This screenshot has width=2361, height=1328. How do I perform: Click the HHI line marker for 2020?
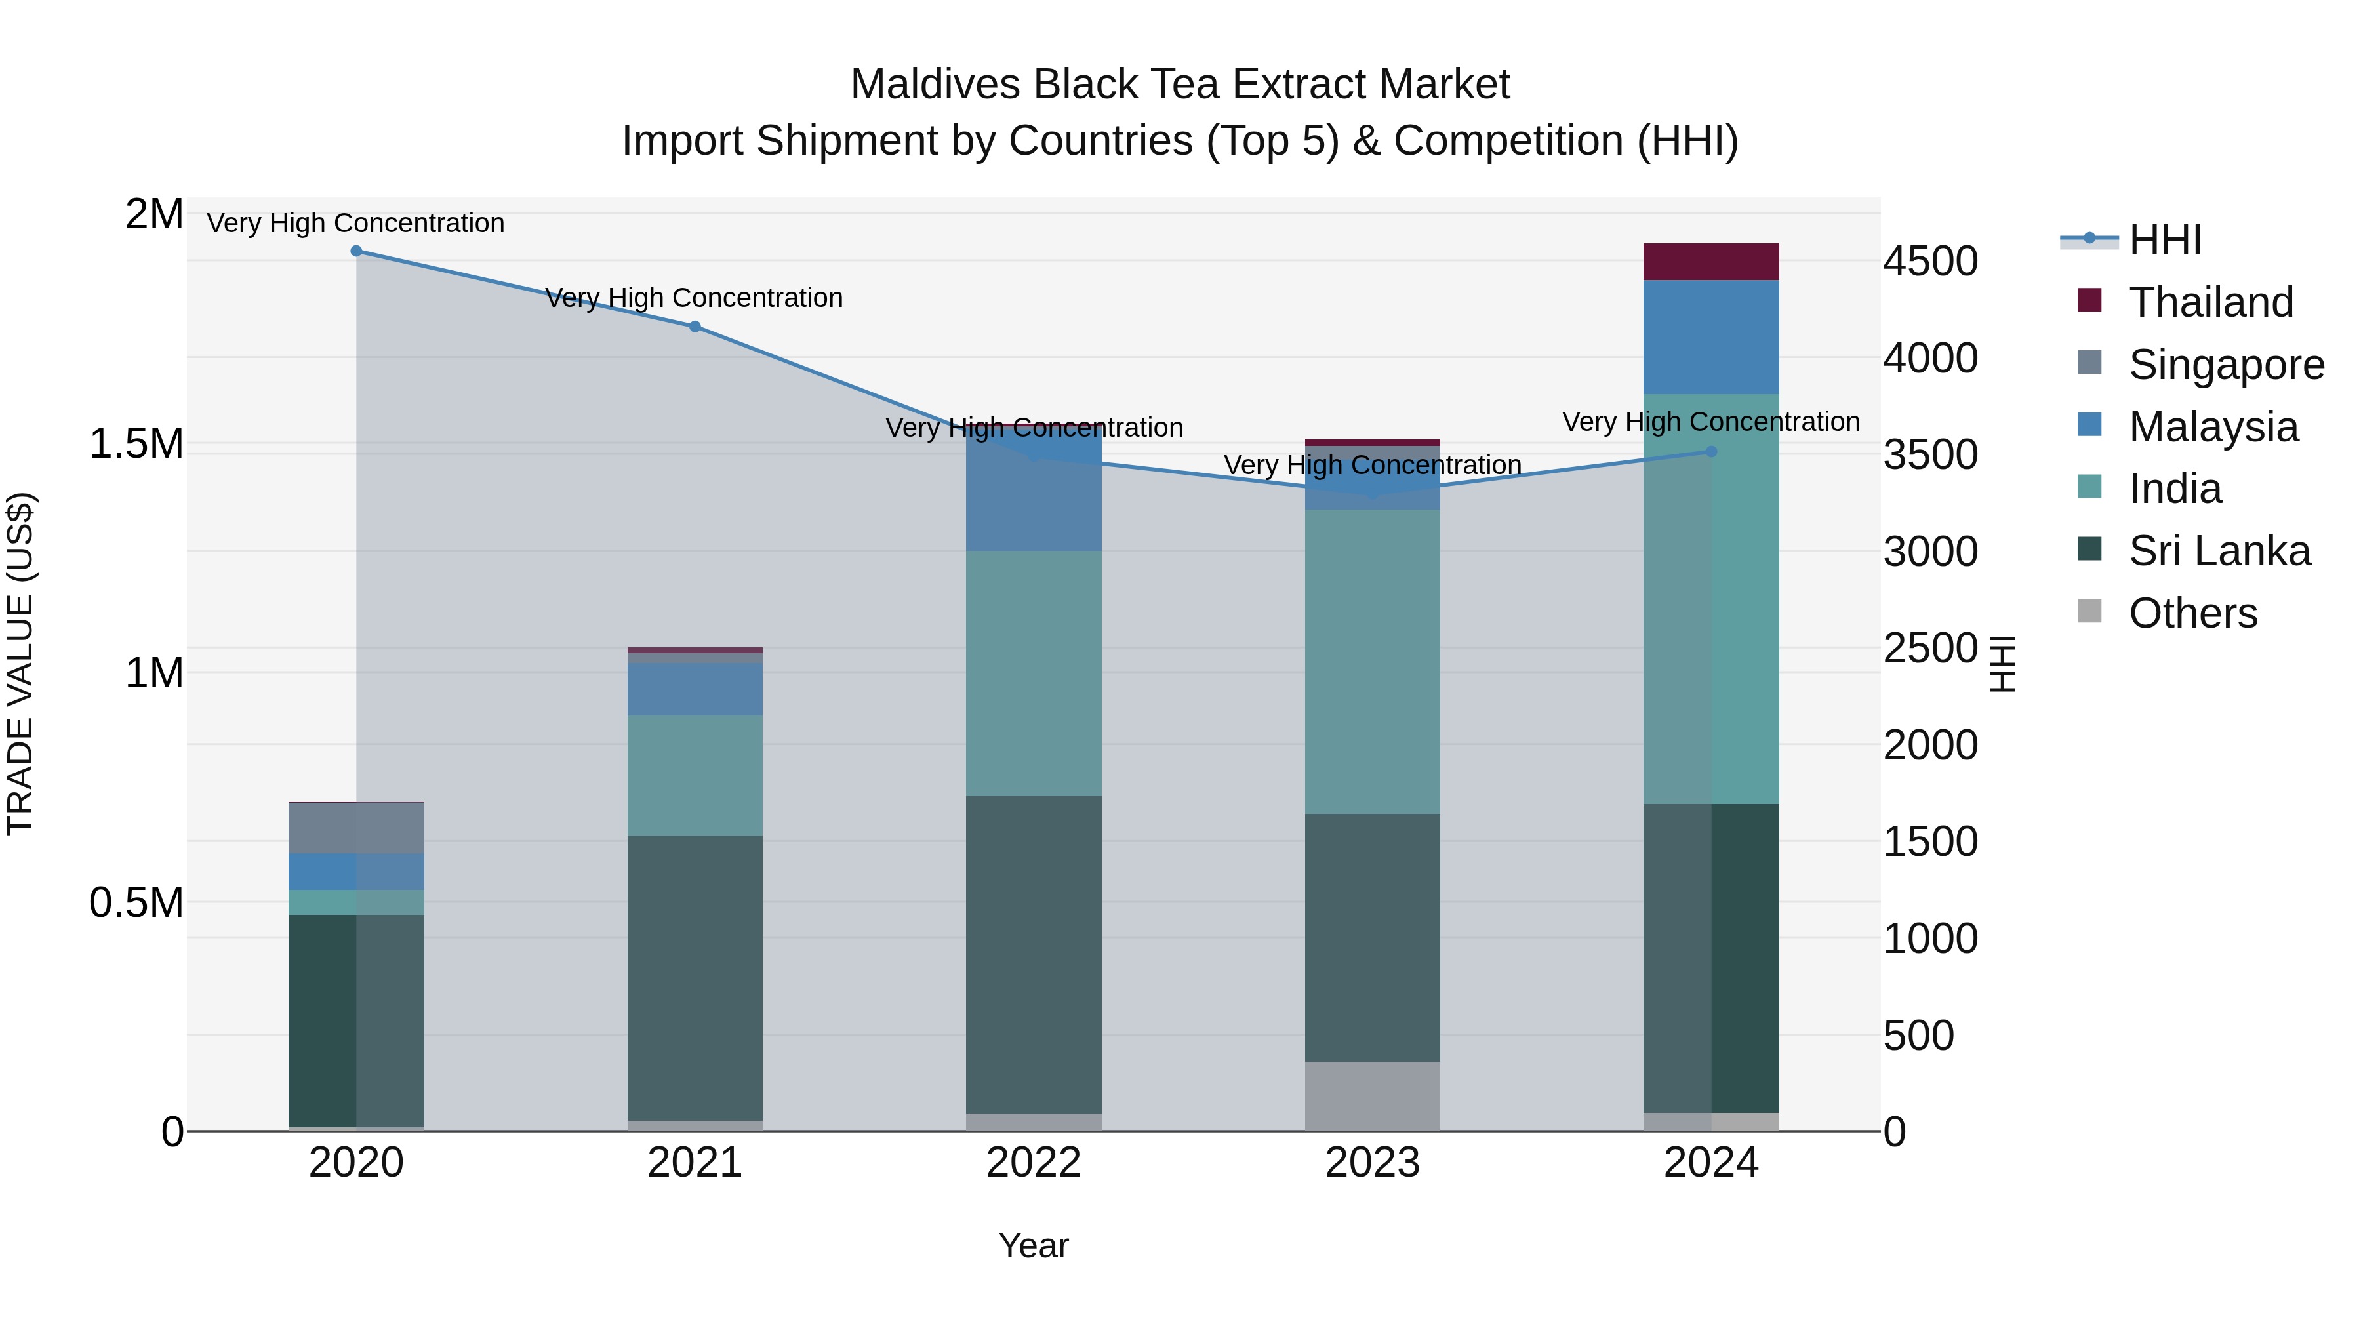click(x=357, y=251)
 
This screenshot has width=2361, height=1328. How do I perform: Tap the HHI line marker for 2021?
click(x=695, y=327)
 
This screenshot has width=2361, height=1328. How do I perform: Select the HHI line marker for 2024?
click(x=1711, y=452)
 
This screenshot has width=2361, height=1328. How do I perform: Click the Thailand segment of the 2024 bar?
click(x=1711, y=262)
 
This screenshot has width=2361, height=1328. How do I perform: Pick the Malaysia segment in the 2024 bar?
click(x=1711, y=337)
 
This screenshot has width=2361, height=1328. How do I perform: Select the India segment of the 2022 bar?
click(x=1034, y=674)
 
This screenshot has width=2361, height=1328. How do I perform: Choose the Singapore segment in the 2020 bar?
click(x=357, y=828)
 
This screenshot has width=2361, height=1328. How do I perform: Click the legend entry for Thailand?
click(x=2210, y=302)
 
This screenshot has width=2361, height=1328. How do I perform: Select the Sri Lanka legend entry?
click(x=2218, y=552)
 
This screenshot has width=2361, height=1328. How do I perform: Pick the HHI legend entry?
click(x=2164, y=240)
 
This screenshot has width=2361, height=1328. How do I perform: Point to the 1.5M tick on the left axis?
click(x=136, y=445)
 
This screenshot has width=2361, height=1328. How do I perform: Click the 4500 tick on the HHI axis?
click(x=1930, y=261)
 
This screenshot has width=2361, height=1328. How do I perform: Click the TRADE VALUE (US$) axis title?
click(x=20, y=664)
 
